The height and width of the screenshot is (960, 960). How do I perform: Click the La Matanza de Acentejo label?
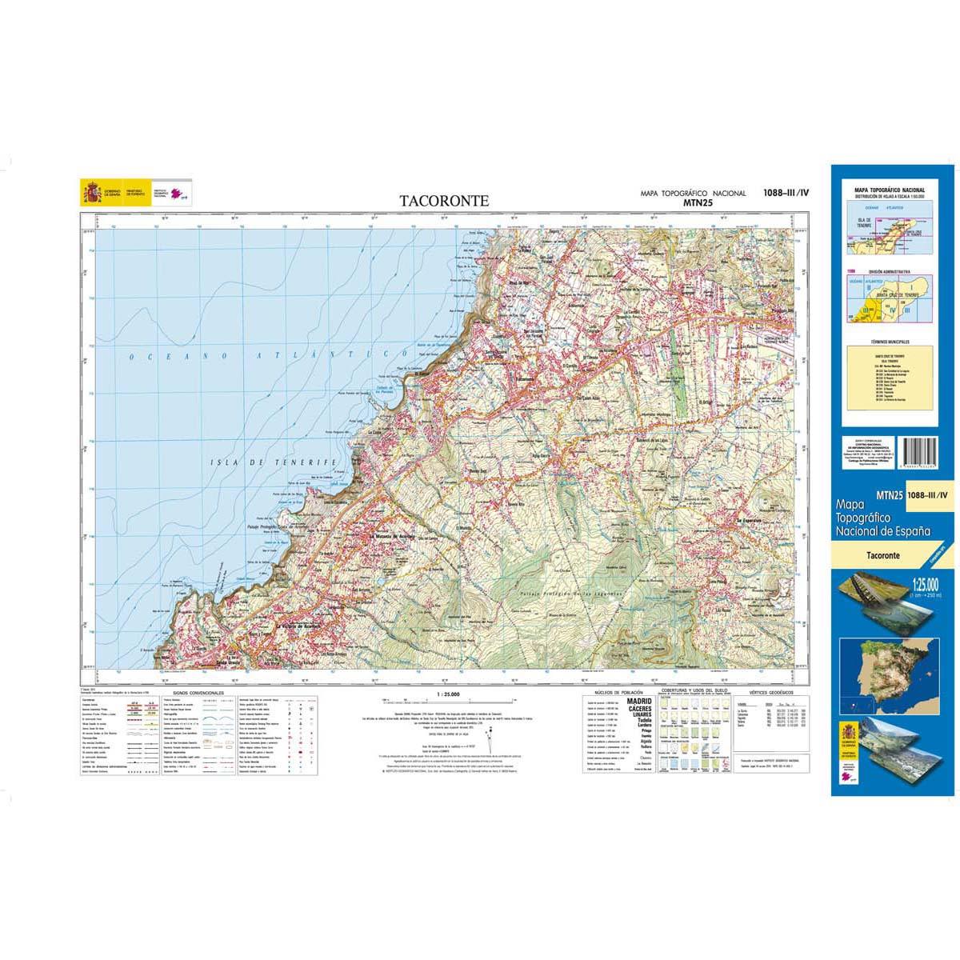394,535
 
